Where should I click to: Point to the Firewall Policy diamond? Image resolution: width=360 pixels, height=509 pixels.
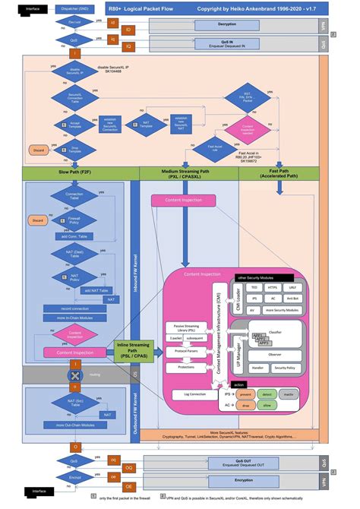74,220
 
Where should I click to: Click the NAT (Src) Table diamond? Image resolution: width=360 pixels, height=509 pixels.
74,403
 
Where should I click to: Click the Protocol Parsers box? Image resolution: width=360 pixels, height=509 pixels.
187,350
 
